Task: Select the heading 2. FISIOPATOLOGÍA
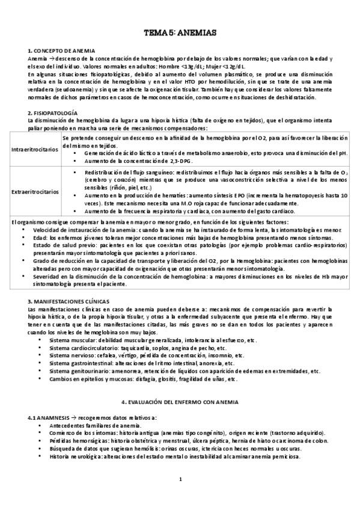click(52, 112)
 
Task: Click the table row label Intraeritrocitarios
click(35, 148)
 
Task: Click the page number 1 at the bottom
click(180, 479)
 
